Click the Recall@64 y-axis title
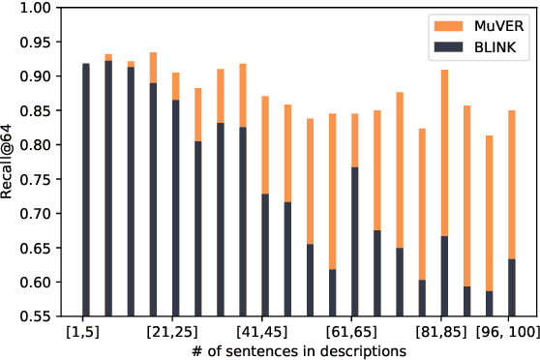click(x=9, y=162)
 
